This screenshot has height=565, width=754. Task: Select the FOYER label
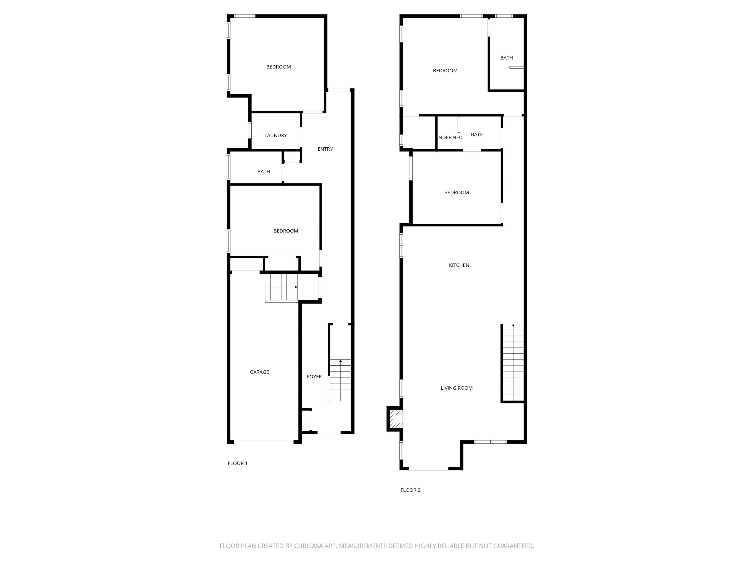coord(314,377)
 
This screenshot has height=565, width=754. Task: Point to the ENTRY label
coord(325,149)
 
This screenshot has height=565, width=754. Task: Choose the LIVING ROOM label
coord(457,388)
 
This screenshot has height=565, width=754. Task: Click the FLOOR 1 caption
coord(238,463)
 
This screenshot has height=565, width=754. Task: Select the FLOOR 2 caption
coord(410,490)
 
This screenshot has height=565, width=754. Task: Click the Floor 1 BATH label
coord(264,172)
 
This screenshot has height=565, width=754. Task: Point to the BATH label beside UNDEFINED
coord(477,135)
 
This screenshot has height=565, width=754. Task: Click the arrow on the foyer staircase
coord(340,361)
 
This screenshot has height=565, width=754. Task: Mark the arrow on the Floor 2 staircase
coord(513,325)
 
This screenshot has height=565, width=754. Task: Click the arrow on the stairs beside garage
coord(296,287)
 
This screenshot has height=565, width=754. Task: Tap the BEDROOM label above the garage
coord(286,231)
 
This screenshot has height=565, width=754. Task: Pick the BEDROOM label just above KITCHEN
coord(457,193)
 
